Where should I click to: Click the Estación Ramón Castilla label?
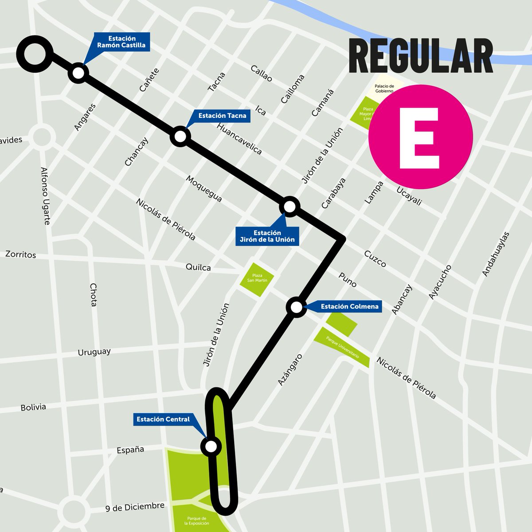point(121,42)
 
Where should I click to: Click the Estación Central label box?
point(163,419)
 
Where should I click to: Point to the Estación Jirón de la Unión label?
point(267,236)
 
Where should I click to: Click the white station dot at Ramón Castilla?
point(78,73)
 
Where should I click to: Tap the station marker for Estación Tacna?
point(180,137)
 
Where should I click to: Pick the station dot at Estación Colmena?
point(296,307)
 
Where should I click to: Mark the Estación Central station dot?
point(211,446)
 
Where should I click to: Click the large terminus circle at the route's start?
point(35,54)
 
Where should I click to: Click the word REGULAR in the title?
point(421,56)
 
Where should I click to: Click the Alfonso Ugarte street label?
point(45,196)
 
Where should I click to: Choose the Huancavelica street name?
point(239,138)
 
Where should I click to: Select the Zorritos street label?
point(21,254)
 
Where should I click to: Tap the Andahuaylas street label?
point(496,254)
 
